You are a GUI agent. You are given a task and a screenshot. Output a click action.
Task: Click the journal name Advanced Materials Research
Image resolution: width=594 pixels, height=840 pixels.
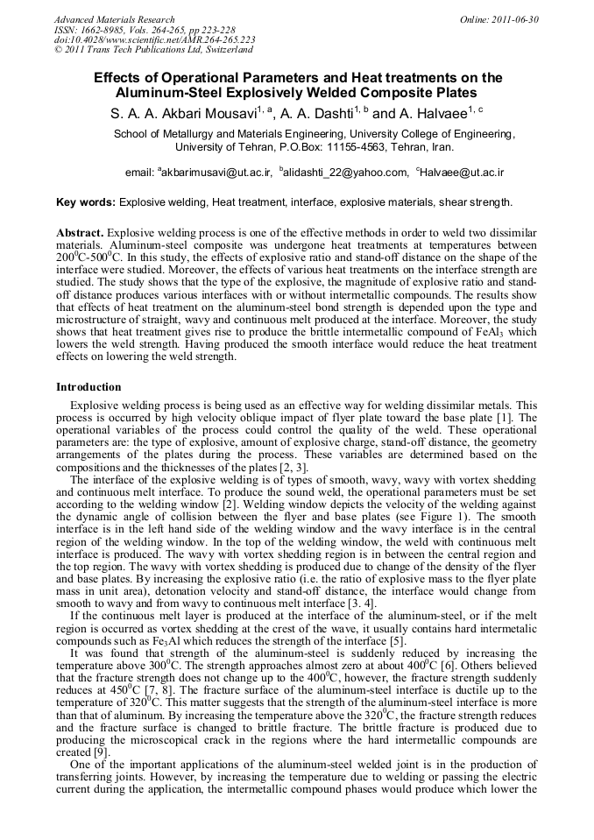tap(114, 19)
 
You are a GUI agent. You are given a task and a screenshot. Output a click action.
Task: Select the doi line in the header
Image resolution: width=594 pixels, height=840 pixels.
tap(155, 40)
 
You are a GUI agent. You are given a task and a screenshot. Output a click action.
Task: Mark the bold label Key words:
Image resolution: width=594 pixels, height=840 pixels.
tap(86, 202)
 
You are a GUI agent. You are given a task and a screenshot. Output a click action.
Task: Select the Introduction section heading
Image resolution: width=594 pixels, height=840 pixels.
tap(88, 386)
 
